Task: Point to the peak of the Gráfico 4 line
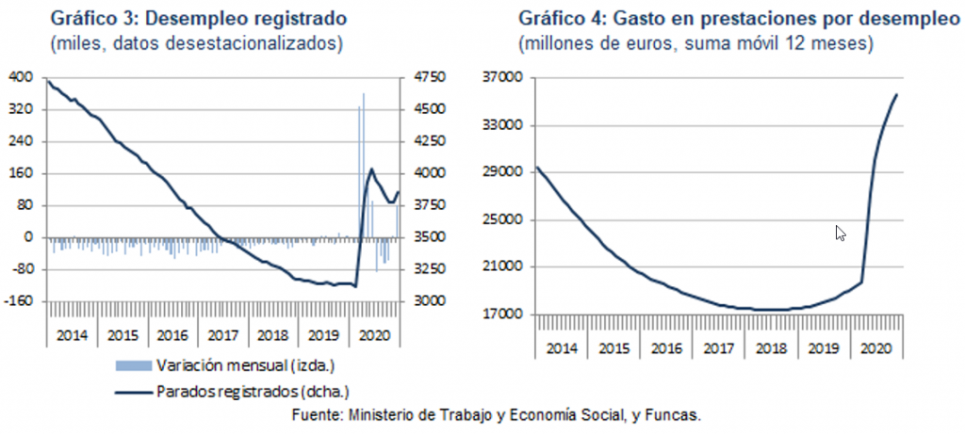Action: (x=895, y=94)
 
